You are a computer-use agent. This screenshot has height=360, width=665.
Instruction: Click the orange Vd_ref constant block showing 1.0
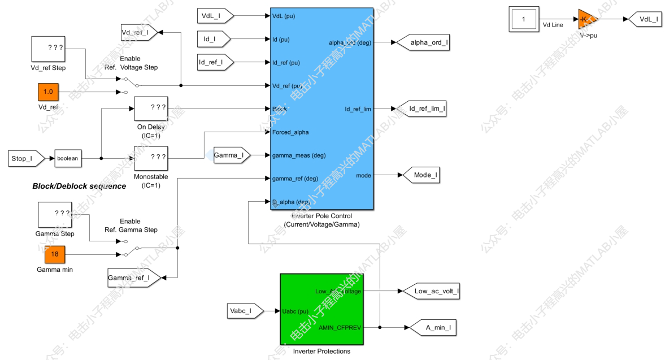click(48, 92)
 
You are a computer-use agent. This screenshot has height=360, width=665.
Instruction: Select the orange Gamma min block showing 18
click(55, 254)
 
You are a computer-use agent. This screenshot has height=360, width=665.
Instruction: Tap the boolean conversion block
click(68, 159)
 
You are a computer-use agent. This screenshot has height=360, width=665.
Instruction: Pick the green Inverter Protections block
click(321, 309)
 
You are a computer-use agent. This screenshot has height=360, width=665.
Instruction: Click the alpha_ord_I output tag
click(423, 42)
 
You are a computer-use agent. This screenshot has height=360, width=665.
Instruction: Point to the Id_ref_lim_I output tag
click(422, 109)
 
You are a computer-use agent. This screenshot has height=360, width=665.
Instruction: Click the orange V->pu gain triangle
click(584, 19)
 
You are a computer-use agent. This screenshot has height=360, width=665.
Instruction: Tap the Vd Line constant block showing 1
click(524, 19)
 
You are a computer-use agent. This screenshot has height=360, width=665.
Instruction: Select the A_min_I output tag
click(429, 327)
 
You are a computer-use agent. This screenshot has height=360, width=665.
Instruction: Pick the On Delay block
click(151, 109)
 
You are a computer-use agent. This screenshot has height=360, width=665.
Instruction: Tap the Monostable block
click(151, 158)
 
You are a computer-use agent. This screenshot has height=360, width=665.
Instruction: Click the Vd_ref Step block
click(48, 49)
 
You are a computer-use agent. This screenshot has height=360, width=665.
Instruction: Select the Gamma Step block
click(55, 215)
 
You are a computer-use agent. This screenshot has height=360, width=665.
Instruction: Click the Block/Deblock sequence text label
click(79, 186)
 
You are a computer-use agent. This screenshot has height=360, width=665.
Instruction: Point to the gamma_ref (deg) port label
click(295, 179)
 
